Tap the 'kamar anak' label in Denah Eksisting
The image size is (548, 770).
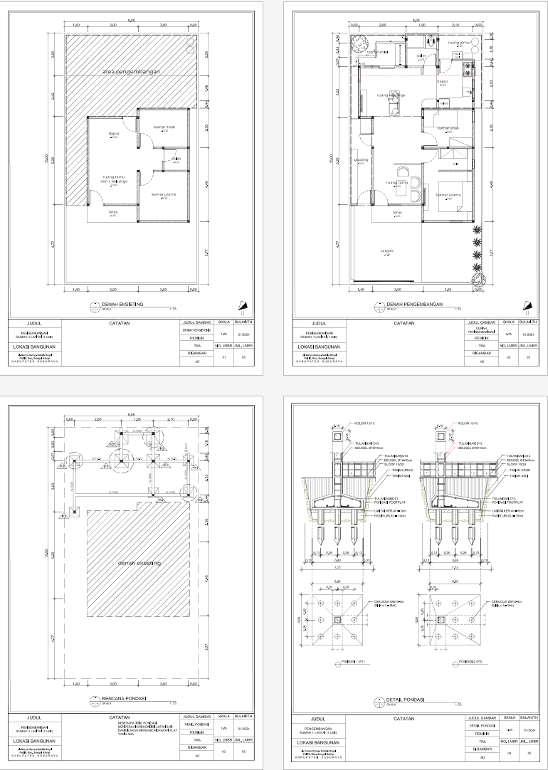[x=164, y=128]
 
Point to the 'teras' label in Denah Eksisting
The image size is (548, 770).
[x=112, y=211]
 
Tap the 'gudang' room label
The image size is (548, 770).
[x=361, y=160]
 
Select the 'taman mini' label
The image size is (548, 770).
[x=376, y=52]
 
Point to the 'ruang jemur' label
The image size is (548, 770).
[x=461, y=43]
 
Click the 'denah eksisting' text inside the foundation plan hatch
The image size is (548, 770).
[x=139, y=564]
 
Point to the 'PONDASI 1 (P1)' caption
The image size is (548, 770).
[x=349, y=662]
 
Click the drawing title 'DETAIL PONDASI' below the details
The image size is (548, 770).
[x=408, y=700]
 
